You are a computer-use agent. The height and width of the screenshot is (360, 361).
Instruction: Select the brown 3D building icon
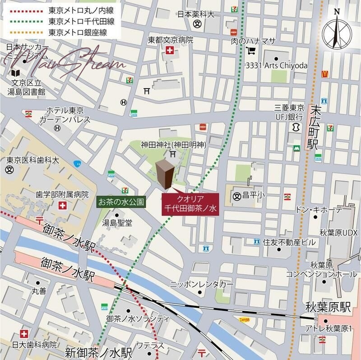(165, 174)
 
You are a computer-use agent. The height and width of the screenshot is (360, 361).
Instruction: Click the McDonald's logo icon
(324, 74)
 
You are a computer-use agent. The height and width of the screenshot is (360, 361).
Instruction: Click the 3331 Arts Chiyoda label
(277, 65)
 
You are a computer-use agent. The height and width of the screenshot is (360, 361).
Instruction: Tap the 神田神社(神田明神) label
(173, 145)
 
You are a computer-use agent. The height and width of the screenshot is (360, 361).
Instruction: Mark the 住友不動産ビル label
(289, 242)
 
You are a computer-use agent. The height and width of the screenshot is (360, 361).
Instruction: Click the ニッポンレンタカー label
(201, 285)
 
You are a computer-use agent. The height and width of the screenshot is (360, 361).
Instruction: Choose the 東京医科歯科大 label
(32, 160)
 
